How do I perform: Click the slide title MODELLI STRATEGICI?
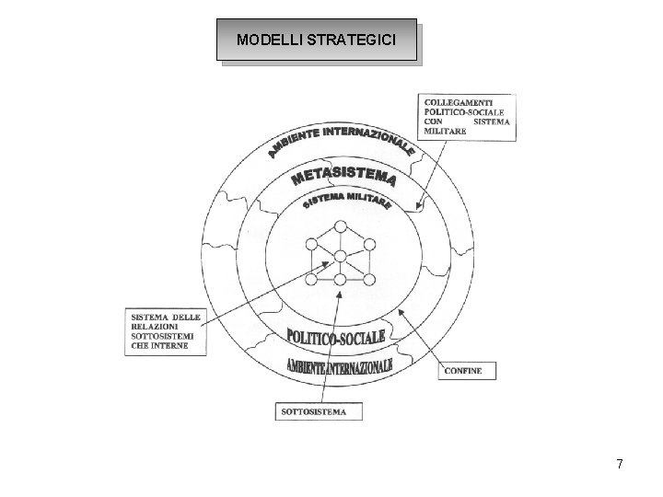[316, 40]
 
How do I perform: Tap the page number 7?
[620, 465]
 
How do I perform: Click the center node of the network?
[341, 257]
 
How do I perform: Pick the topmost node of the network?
[341, 226]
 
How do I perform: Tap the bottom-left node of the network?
[310, 278]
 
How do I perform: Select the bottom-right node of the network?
[370, 278]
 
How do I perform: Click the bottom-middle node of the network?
[341, 279]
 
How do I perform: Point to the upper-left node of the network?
[310, 245]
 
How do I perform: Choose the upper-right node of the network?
[370, 245]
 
